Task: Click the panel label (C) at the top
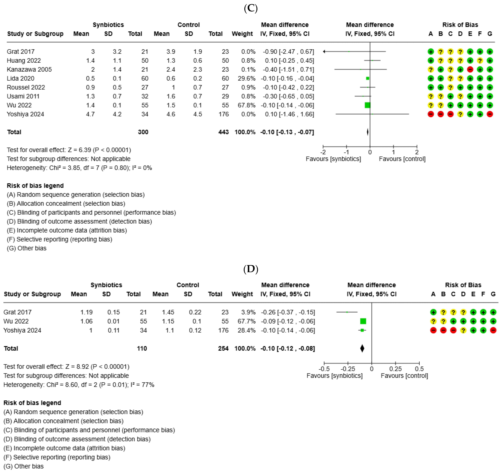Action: (x=250, y=8)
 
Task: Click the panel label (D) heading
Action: (x=250, y=269)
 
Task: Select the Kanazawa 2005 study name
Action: (x=29, y=70)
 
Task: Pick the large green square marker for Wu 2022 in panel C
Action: (x=367, y=105)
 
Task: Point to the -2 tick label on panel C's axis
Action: (x=323, y=152)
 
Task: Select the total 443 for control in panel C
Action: (x=223, y=132)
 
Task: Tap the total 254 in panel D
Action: (x=223, y=348)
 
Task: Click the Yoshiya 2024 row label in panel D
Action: (x=22, y=330)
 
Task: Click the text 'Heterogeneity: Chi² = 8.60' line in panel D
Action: (x=79, y=385)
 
